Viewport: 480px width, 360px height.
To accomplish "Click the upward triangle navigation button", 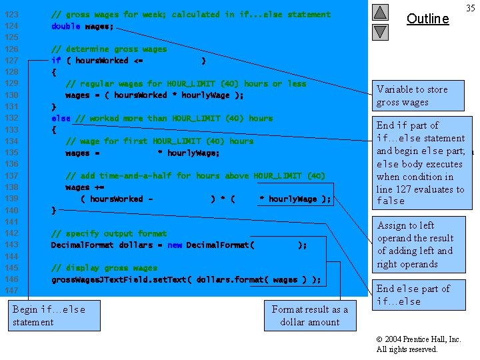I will pyautogui.click(x=380, y=12).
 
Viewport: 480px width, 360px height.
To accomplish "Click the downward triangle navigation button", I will pyautogui.click(x=380, y=31).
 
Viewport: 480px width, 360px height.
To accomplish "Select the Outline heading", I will pyautogui.click(x=427, y=19).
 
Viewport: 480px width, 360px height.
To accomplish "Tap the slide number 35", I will pyautogui.click(x=470, y=8).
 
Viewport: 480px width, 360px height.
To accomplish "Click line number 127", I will pyautogui.click(x=11, y=61).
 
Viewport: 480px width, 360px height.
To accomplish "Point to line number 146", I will pyautogui.click(x=11, y=279).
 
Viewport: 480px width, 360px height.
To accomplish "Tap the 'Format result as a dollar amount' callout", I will pyautogui.click(x=310, y=315).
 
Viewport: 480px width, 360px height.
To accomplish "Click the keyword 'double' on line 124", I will pyautogui.click(x=65, y=26).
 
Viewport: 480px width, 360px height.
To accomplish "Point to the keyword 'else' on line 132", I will pyautogui.click(x=61, y=119).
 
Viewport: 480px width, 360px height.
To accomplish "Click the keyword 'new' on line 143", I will pyautogui.click(x=175, y=245).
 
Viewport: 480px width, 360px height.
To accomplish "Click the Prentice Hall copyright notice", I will pyautogui.click(x=419, y=344).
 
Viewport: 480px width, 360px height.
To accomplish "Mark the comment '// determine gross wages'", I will pyautogui.click(x=109, y=49).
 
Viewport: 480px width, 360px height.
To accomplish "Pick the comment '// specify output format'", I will pyautogui.click(x=109, y=234).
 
